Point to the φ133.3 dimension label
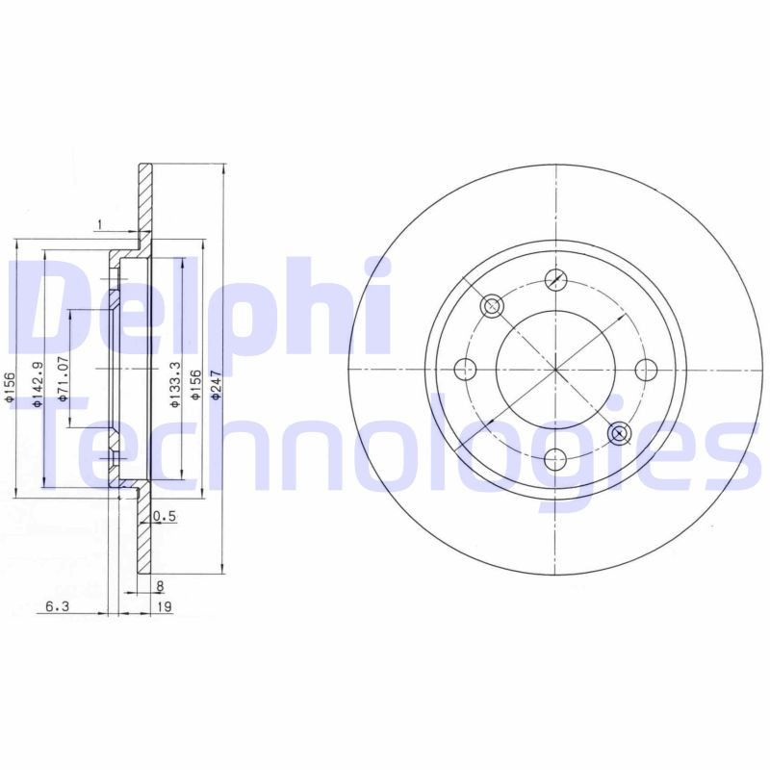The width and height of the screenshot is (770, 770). [174, 384]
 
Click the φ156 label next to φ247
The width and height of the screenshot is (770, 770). [196, 384]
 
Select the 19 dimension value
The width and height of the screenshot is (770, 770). [165, 606]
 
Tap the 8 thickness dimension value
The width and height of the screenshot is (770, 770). [160, 584]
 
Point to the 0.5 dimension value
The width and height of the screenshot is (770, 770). [165, 517]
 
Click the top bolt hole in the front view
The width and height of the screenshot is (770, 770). [555, 279]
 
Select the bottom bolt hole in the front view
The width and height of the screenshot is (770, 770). [555, 460]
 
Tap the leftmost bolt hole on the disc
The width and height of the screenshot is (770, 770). [465, 370]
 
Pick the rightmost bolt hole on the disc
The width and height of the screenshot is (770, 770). [646, 370]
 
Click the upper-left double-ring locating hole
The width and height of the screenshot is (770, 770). [492, 306]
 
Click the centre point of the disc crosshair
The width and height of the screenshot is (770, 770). [555, 370]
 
